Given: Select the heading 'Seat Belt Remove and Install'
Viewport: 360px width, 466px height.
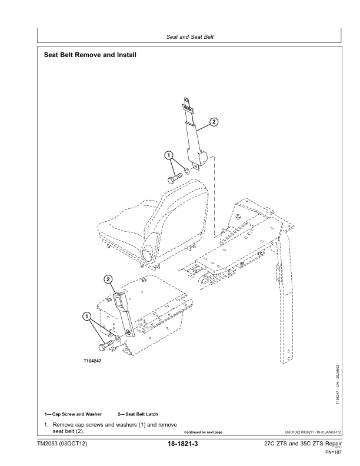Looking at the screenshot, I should pyautogui.click(x=91, y=56).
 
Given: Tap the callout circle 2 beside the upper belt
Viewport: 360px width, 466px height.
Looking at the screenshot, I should pyautogui.click(x=214, y=122).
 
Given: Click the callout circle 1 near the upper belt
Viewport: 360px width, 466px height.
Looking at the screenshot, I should pyautogui.click(x=169, y=155).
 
